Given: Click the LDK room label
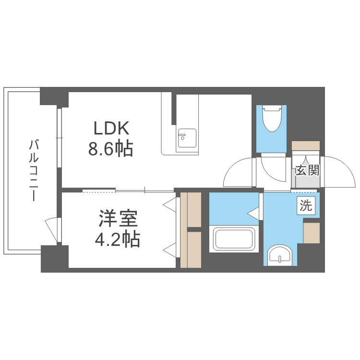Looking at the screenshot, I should click(x=111, y=128).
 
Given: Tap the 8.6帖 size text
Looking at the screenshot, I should click(x=110, y=150).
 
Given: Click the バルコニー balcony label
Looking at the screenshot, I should click(x=33, y=170).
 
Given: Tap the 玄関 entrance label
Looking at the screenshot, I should click(x=307, y=170).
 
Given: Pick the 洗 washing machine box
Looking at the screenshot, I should click(x=306, y=206).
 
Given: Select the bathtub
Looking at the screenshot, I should click(x=233, y=239).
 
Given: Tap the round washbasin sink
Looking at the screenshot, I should click(x=280, y=255).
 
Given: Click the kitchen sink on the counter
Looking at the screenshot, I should click(x=184, y=138).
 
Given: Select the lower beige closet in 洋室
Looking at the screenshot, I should click(x=194, y=250).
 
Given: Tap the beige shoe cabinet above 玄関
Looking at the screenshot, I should click(x=306, y=145).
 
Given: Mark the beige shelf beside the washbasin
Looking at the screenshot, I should click(x=312, y=233).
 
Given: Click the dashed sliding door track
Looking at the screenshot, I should click(x=98, y=191).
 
